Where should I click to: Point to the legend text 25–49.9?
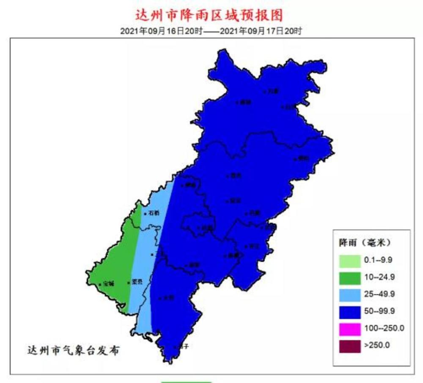pyautogui.click(x=377, y=294)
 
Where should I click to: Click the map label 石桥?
pyautogui.click(x=154, y=214)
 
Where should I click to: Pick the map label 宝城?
pyautogui.click(x=108, y=285)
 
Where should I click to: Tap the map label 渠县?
pyautogui.click(x=137, y=282)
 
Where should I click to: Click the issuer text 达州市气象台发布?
pyautogui.click(x=73, y=350)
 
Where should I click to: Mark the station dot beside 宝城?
pyautogui.click(x=99, y=285)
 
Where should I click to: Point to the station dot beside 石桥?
pyautogui.click(x=145, y=214)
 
